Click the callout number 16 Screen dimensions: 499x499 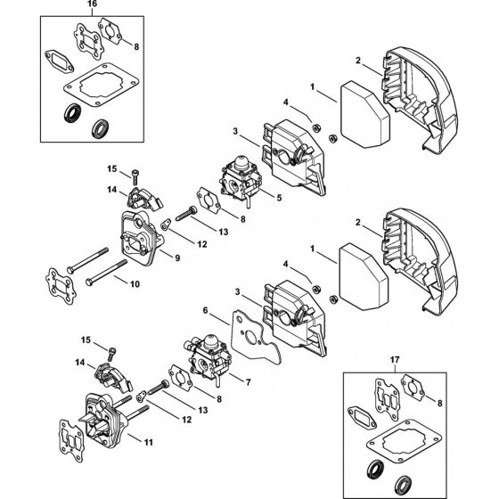(x=92, y=4)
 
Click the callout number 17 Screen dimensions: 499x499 (x=395, y=360)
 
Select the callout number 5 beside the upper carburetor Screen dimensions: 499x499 (x=279, y=198)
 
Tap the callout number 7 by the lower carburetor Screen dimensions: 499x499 (x=249, y=382)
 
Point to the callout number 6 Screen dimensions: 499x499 (x=205, y=310)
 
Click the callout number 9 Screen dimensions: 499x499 (x=177, y=258)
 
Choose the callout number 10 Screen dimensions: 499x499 (x=135, y=284)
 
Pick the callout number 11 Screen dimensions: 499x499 (x=149, y=442)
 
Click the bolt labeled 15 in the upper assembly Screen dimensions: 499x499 (x=135, y=177)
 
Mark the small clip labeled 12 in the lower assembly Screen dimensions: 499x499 (x=141, y=397)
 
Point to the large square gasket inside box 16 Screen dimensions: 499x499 (x=102, y=85)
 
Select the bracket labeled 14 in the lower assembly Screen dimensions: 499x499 (x=113, y=377)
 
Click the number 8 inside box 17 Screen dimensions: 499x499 (x=440, y=403)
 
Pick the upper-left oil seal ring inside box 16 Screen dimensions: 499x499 (x=72, y=113)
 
